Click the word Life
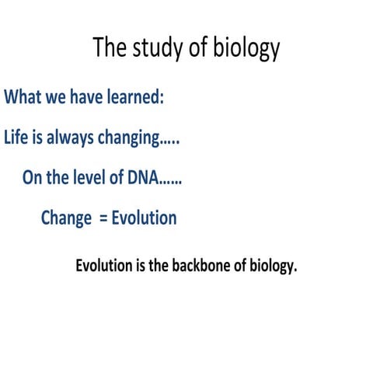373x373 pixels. coord(16,138)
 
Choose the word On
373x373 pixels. coord(31,178)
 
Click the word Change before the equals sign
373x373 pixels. coord(66,218)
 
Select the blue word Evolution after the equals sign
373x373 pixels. coord(144,218)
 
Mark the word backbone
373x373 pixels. coord(197,265)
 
